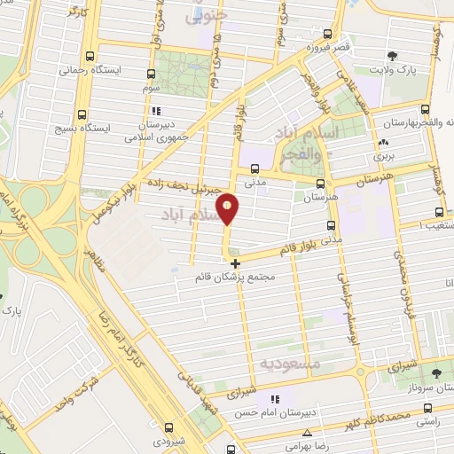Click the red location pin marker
228,208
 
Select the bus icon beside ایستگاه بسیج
82,114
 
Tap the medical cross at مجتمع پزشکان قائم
234,263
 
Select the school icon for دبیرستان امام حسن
275,399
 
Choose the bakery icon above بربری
383,142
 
